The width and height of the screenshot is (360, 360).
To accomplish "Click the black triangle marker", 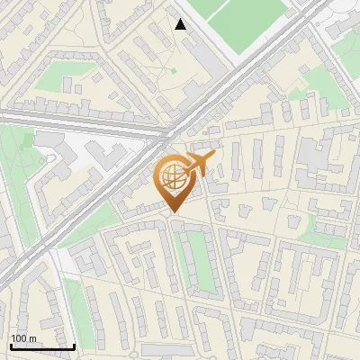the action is (x=181, y=24).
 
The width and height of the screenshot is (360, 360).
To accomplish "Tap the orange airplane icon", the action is (x=199, y=164).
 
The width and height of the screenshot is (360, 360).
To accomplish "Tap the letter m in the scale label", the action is (x=32, y=338).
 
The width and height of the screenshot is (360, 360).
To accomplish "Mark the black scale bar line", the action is (x=41, y=346).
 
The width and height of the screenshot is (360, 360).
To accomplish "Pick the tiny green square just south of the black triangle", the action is (x=174, y=69).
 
